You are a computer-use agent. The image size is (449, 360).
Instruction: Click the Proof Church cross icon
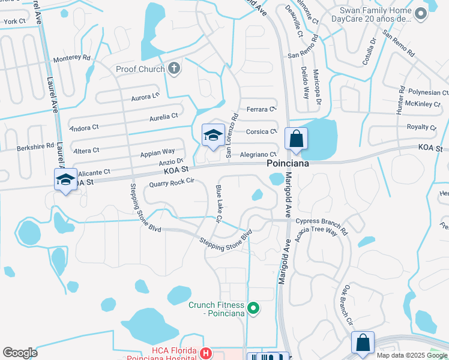coord(174,68)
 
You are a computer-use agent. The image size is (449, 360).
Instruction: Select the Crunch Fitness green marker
coord(253,309)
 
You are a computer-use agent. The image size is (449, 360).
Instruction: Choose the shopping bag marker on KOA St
coord(296,139)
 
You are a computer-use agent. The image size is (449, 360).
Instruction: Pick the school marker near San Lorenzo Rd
coord(213,136)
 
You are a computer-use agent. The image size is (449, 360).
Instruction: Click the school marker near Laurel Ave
coord(66,179)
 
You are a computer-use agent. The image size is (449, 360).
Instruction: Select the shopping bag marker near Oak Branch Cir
coord(363,343)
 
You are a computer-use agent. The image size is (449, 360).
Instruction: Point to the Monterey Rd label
coord(71,58)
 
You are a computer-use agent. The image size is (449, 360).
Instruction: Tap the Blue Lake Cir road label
coord(218,203)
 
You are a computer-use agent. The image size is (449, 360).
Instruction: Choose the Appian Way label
coord(157,152)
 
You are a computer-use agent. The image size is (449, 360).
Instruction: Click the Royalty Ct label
coord(421,127)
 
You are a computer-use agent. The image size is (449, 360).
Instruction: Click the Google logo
coord(20,352)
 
